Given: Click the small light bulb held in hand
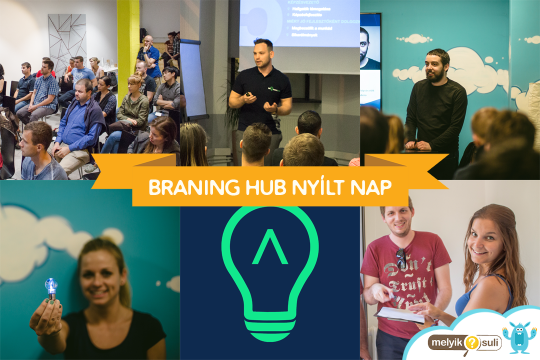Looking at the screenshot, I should coord(51,287).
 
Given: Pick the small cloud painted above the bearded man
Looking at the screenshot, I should coord(414,38).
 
